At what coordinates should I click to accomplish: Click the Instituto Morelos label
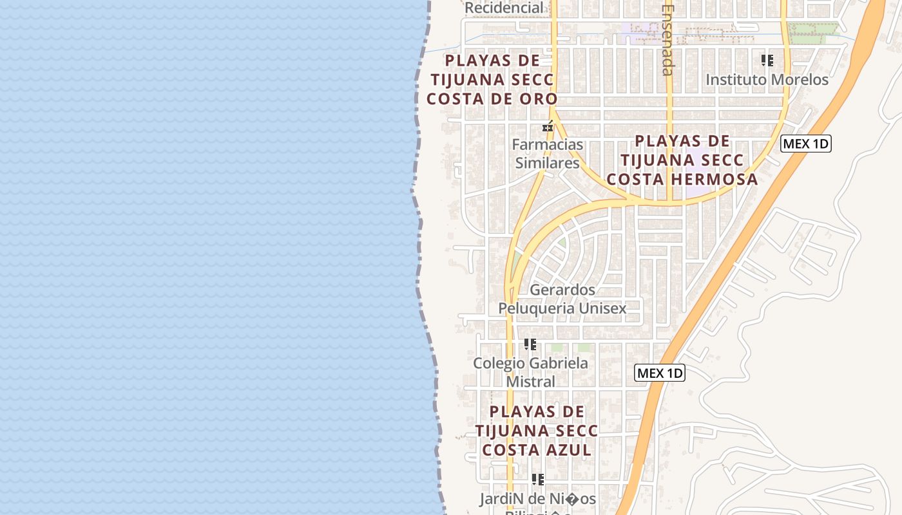767,80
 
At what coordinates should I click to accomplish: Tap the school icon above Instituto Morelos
767,61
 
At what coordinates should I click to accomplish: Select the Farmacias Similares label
547,154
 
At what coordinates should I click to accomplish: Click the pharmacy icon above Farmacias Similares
548,127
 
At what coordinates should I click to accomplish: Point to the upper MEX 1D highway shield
805,144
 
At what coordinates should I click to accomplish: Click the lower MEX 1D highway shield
659,373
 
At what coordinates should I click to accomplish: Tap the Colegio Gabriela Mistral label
530,372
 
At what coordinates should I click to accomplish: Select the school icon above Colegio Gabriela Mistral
530,344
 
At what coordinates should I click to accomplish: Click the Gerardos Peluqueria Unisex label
562,299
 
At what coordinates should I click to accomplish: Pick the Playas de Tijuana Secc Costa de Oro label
492,80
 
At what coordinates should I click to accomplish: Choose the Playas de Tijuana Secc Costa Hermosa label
682,160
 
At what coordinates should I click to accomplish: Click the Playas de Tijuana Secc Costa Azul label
537,431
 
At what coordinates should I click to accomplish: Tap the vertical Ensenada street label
667,40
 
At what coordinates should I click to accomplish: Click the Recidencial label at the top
504,8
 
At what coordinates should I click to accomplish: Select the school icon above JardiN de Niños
537,480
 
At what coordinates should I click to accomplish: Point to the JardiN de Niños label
537,499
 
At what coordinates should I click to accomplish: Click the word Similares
547,163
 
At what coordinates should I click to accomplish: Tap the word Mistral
530,382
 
